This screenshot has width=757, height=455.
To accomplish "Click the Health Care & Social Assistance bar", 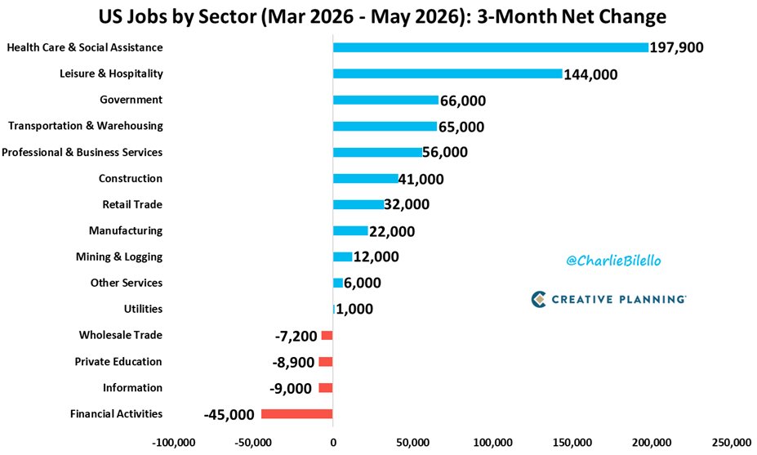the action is pos(491,47).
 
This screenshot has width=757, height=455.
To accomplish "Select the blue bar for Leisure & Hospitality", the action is pos(448,74).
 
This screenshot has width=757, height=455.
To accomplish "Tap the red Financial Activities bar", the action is pos(297,414).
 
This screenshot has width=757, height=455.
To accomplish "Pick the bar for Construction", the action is pos(366,178).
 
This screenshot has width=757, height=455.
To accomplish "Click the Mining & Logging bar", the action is pos(342,257).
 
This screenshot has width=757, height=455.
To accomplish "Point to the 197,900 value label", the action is pos(676,47).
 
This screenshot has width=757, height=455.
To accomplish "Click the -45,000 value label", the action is pos(229,414).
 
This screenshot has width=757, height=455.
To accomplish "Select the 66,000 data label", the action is pos(463,100).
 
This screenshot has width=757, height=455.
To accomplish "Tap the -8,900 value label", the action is pos(293,362).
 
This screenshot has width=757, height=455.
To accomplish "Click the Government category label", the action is pos(131,100).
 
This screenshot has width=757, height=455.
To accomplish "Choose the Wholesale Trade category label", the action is pos(121,335).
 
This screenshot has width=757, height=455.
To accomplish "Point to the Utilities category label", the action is pos(144,309).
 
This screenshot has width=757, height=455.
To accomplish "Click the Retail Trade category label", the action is pos(132,204).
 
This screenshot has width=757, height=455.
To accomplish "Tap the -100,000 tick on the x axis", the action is pos(173,443).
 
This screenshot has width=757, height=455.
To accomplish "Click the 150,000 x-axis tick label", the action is pos(572,443).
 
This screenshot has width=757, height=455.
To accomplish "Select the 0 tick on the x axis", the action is pos(333,443).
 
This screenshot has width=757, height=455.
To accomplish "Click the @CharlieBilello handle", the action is pos(613,261).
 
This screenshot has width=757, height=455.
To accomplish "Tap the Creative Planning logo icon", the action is pos(538,300).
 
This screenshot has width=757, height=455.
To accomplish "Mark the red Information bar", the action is pos(325,388).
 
